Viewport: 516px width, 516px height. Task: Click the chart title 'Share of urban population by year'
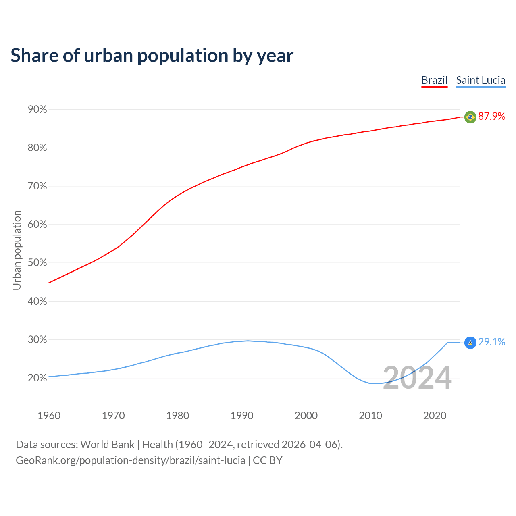tap(152, 56)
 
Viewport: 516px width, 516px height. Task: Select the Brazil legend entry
tap(434, 80)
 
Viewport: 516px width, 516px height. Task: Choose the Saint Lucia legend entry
tap(481, 80)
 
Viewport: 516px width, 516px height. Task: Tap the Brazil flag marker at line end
tap(470, 117)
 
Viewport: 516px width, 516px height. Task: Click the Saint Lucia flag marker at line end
tap(470, 343)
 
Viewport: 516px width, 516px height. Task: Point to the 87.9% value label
tap(491, 117)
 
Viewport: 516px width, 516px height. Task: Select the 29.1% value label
tap(491, 342)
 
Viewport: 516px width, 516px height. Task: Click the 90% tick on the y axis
tap(37, 110)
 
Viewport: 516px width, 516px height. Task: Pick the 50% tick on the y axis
tap(37, 263)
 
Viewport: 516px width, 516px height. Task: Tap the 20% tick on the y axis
tap(37, 378)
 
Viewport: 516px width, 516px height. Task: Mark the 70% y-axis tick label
tap(37, 186)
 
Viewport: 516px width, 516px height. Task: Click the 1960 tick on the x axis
tap(49, 416)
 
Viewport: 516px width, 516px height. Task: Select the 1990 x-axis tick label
tap(242, 416)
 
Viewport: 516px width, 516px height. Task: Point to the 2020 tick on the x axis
tap(435, 416)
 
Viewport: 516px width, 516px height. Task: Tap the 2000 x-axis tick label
tap(306, 416)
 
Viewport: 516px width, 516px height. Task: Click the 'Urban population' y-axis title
tap(17, 250)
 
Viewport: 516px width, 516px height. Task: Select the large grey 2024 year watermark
tap(417, 378)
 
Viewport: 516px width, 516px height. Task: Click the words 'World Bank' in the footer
tap(107, 445)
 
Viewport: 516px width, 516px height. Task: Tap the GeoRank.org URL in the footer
tap(130, 460)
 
